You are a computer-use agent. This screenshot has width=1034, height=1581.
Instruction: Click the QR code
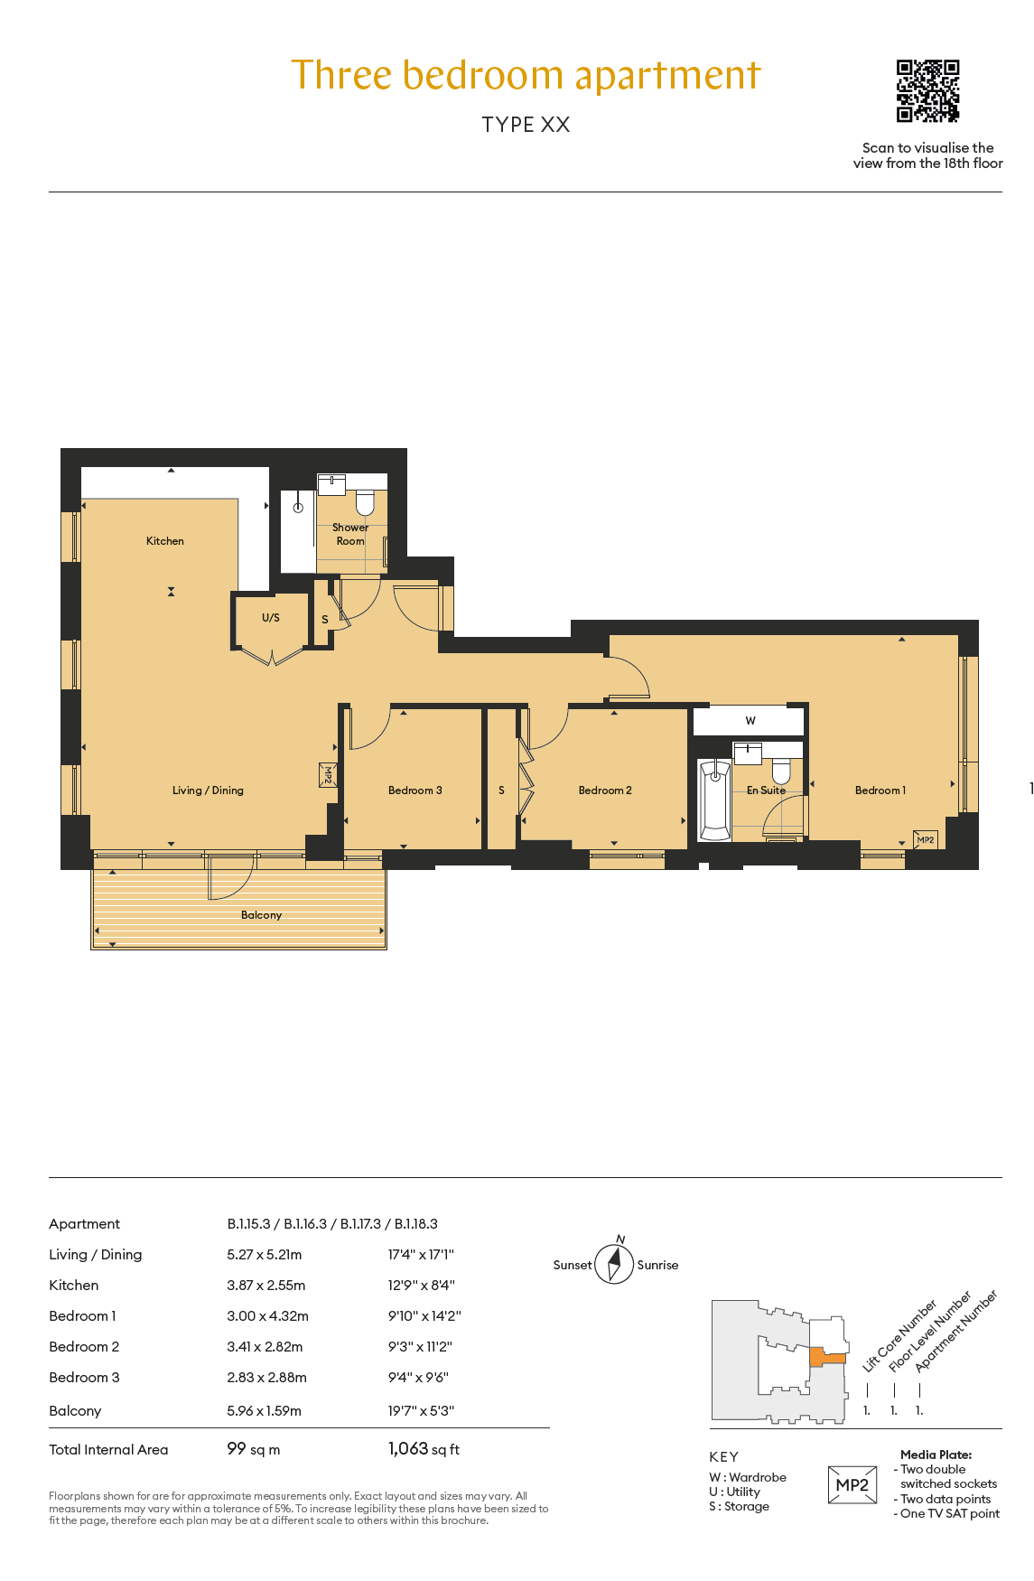tap(927, 90)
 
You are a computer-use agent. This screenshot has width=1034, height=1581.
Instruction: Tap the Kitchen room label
tap(165, 541)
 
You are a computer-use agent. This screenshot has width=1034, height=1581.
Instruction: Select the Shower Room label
tap(350, 534)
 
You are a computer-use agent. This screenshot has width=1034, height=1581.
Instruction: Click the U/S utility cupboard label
tap(271, 618)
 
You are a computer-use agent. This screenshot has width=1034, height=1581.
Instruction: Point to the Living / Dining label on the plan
tap(208, 790)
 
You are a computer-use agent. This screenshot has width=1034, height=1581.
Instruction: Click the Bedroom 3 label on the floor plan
tap(415, 790)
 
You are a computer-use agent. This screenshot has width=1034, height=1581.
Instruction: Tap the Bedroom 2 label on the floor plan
tap(605, 790)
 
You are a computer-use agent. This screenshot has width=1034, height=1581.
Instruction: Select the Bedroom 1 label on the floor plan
tap(880, 790)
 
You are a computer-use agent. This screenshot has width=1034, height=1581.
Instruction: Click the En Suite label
tap(766, 790)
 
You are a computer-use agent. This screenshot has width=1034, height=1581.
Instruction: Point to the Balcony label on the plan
tap(261, 915)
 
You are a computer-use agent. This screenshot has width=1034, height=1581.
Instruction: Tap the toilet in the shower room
tap(365, 501)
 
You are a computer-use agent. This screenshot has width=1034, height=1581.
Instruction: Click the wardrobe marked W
tap(749, 721)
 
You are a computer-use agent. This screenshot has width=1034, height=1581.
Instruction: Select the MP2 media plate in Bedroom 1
tap(925, 840)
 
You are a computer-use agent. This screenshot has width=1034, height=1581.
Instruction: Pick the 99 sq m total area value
tap(254, 1449)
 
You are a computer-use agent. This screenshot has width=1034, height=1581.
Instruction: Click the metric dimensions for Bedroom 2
tap(265, 1347)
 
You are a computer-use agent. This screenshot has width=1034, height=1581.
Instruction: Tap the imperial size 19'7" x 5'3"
tap(421, 1411)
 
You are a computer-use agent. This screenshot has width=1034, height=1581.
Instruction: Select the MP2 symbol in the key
tap(852, 1485)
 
